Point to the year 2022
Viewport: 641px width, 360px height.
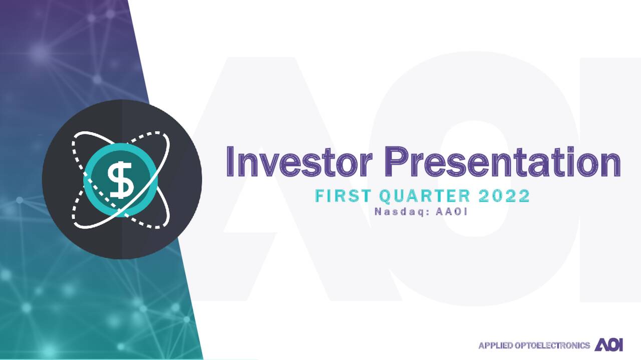coord(504,196)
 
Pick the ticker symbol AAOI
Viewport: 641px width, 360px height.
coord(452,211)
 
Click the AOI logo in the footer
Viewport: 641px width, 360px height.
coord(609,345)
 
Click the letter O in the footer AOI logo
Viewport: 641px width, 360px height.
coord(610,345)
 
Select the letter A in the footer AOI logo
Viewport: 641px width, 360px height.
coord(600,345)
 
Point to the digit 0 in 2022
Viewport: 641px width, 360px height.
coord(498,196)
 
